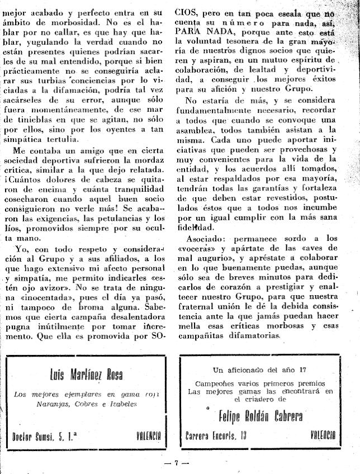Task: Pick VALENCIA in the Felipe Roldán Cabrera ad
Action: click(x=323, y=435)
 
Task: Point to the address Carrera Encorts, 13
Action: click(x=216, y=435)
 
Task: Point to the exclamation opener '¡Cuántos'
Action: click(x=29, y=181)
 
